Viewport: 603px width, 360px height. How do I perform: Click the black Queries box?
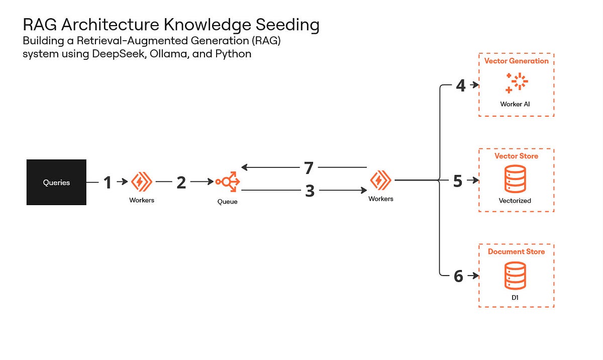tap(56, 182)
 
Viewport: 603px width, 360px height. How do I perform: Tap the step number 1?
tap(107, 182)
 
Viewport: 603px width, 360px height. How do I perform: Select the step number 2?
tap(181, 182)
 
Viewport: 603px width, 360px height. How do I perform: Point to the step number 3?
tap(310, 191)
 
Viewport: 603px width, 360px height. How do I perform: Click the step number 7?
tap(310, 167)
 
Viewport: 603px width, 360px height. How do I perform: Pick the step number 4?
tap(460, 86)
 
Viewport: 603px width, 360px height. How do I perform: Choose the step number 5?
tap(457, 181)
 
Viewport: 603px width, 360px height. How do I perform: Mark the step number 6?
tap(458, 276)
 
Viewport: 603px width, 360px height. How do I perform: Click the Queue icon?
tap(228, 182)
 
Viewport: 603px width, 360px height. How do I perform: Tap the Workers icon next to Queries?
tap(141, 182)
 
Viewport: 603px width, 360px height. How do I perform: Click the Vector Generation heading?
tap(516, 61)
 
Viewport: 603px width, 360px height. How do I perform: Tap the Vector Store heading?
tap(516, 156)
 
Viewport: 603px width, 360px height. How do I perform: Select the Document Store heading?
tap(516, 251)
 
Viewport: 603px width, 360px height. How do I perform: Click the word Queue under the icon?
tap(227, 202)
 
